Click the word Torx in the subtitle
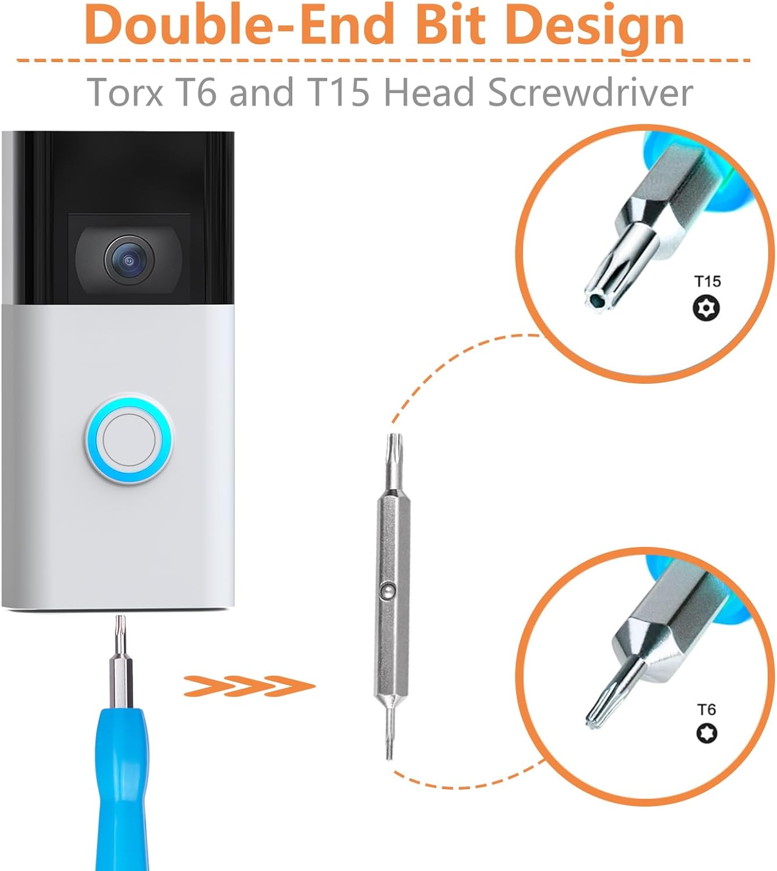tap(125, 92)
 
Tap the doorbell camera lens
tap(128, 260)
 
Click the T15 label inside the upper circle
tap(707, 282)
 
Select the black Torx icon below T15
tap(707, 308)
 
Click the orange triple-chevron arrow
tap(249, 686)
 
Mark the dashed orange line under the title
tap(384, 60)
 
